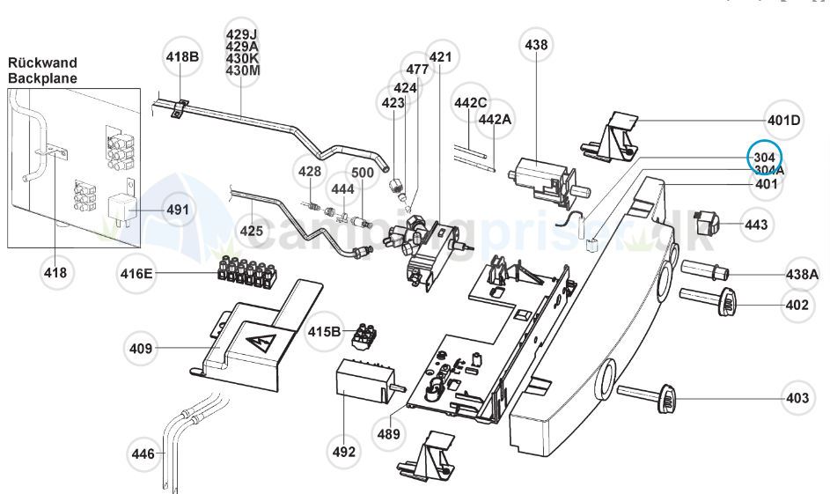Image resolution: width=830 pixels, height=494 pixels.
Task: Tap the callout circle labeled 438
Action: (x=536, y=45)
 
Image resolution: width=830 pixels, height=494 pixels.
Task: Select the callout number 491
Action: (x=179, y=210)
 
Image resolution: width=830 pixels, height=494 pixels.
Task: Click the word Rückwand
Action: (x=42, y=63)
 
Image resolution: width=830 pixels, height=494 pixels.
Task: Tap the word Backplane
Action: (x=42, y=78)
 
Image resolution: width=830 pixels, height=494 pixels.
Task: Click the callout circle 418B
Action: (x=183, y=57)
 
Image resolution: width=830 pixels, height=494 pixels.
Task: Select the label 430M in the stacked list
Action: (x=243, y=70)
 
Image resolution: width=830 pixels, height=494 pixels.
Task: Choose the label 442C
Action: (x=471, y=103)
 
